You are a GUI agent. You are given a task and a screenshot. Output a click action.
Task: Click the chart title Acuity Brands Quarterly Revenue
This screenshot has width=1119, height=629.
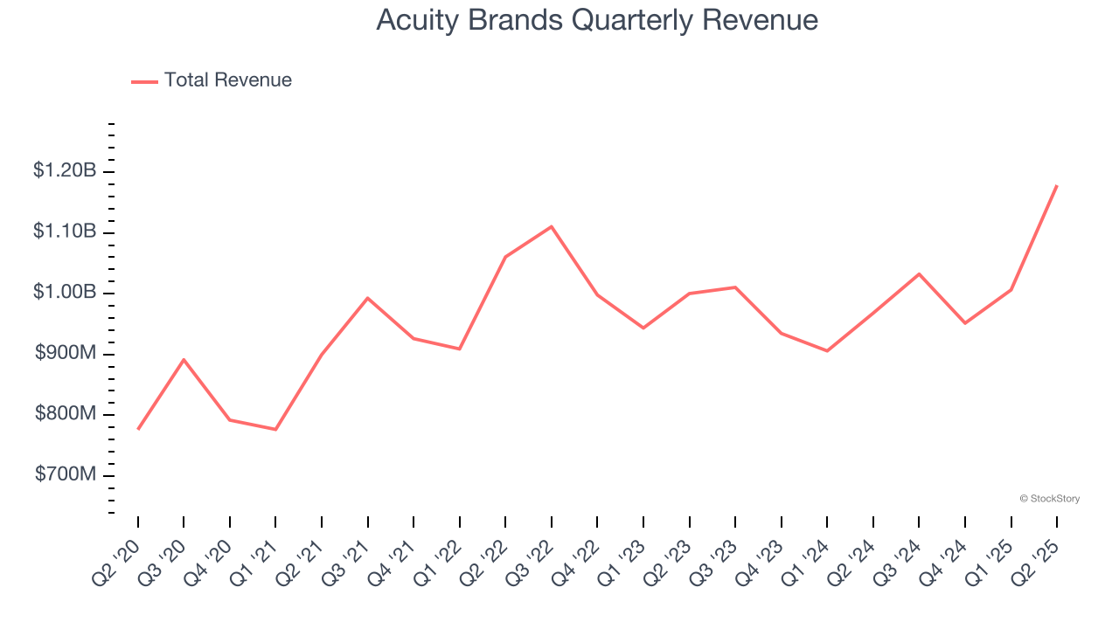pyautogui.click(x=597, y=20)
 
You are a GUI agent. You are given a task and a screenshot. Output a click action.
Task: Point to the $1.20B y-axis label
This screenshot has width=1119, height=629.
pyautogui.click(x=65, y=171)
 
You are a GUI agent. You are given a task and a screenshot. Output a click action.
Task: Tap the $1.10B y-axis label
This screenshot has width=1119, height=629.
pyautogui.click(x=65, y=232)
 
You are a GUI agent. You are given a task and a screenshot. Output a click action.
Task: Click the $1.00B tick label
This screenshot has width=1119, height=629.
pyautogui.click(x=65, y=293)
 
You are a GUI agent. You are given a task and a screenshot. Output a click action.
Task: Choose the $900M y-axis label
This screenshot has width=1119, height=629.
pyautogui.click(x=65, y=353)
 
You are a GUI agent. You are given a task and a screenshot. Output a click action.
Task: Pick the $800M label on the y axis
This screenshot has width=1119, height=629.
pyautogui.click(x=65, y=414)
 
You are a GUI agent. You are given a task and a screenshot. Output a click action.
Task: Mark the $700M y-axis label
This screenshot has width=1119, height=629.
pyautogui.click(x=65, y=474)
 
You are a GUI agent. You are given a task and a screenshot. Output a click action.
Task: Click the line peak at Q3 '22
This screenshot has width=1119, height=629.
pyautogui.click(x=552, y=226)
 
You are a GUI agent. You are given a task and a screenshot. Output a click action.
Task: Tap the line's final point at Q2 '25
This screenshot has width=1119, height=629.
pyautogui.click(x=1057, y=185)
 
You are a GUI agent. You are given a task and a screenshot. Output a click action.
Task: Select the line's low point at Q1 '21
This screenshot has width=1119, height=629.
pyautogui.click(x=275, y=429)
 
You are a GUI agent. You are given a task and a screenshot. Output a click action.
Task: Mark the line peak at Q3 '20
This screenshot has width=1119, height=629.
pyautogui.click(x=184, y=359)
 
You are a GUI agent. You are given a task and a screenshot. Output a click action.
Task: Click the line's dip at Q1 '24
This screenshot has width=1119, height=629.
pyautogui.click(x=827, y=351)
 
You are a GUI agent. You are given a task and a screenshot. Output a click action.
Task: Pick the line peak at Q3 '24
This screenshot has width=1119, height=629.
pyautogui.click(x=919, y=273)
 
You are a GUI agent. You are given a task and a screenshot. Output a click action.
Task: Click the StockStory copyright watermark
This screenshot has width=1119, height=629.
pyautogui.click(x=1049, y=499)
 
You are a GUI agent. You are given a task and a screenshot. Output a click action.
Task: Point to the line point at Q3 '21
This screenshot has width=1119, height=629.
pyautogui.click(x=368, y=298)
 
